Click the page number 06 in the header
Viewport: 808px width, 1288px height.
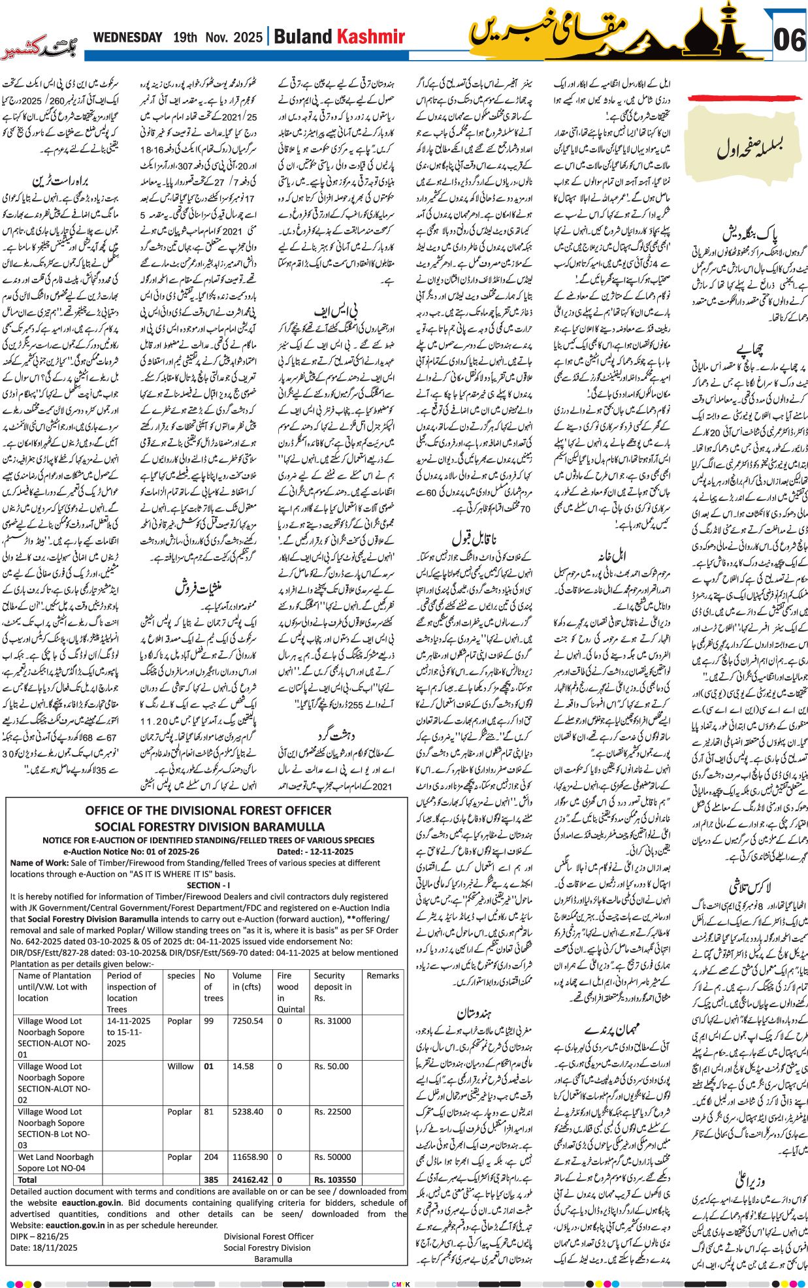coord(788,40)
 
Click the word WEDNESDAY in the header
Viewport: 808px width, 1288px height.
coord(127,37)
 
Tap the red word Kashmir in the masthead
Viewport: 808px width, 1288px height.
coord(371,37)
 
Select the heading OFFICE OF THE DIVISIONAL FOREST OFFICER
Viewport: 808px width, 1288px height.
coord(208,811)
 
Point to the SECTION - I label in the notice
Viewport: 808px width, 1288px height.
coord(208,885)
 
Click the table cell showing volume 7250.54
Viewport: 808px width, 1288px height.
coord(248,1021)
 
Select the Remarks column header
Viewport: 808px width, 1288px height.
coord(383,976)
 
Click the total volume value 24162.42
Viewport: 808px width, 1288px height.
coord(250,1180)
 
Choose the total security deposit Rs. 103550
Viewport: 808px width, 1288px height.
coord(335,1180)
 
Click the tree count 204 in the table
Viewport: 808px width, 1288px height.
coord(212,1157)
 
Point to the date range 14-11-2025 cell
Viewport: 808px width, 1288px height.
coord(129,1021)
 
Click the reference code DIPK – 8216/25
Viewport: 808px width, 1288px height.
coord(39,1236)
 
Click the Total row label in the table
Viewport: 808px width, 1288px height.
coord(27,1180)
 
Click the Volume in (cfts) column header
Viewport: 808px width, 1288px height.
coord(247,981)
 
